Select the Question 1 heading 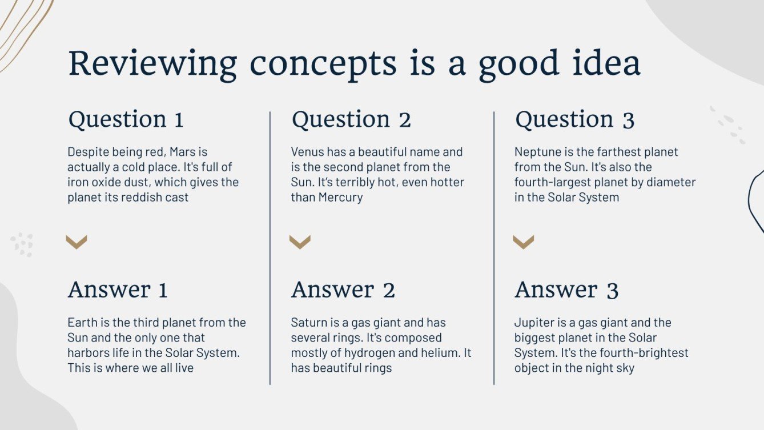126,120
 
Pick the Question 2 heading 351,120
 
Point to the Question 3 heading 574,120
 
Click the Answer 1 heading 118,290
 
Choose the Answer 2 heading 343,290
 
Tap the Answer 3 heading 566,290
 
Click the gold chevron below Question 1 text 77,242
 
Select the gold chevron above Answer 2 300,242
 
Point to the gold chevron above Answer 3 523,242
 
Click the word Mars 183,152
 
